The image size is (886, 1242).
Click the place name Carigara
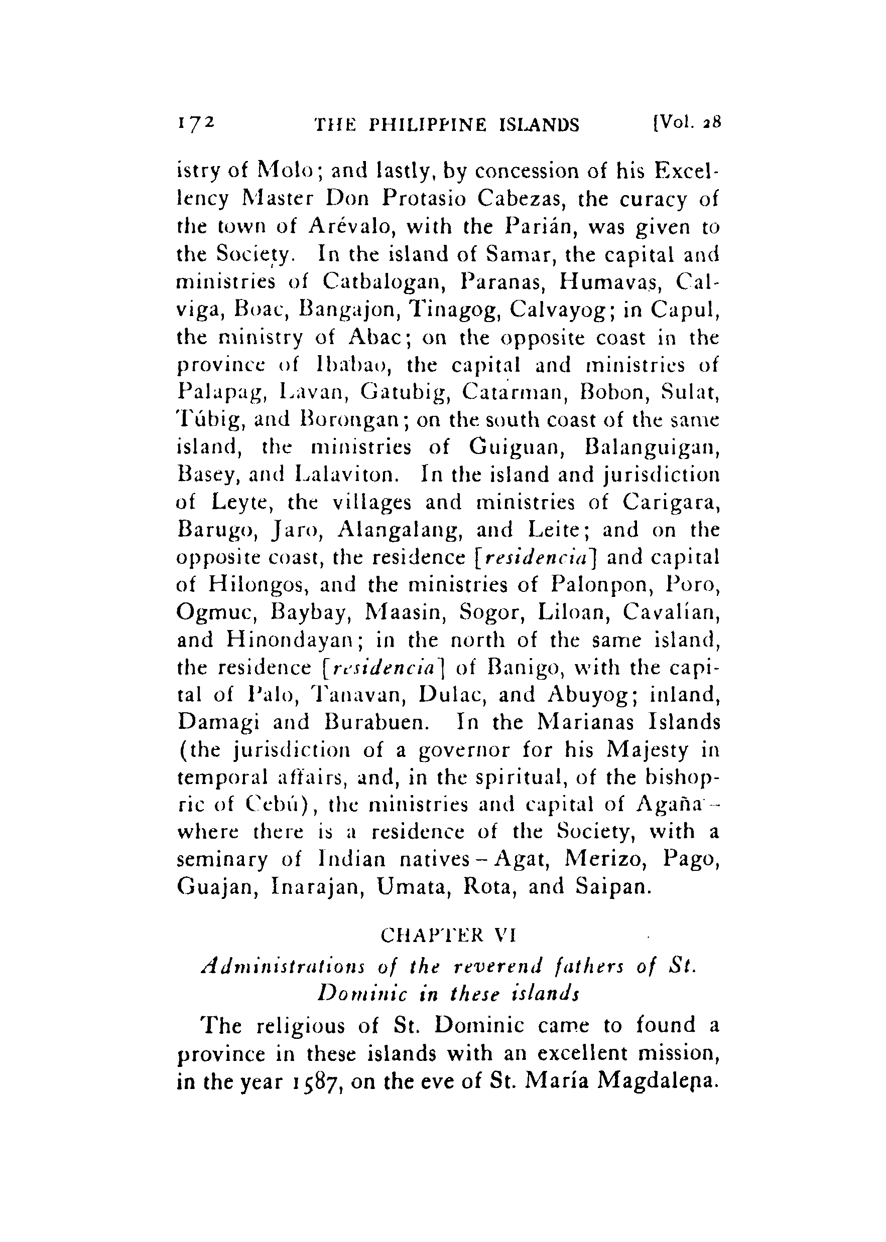[672, 502]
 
